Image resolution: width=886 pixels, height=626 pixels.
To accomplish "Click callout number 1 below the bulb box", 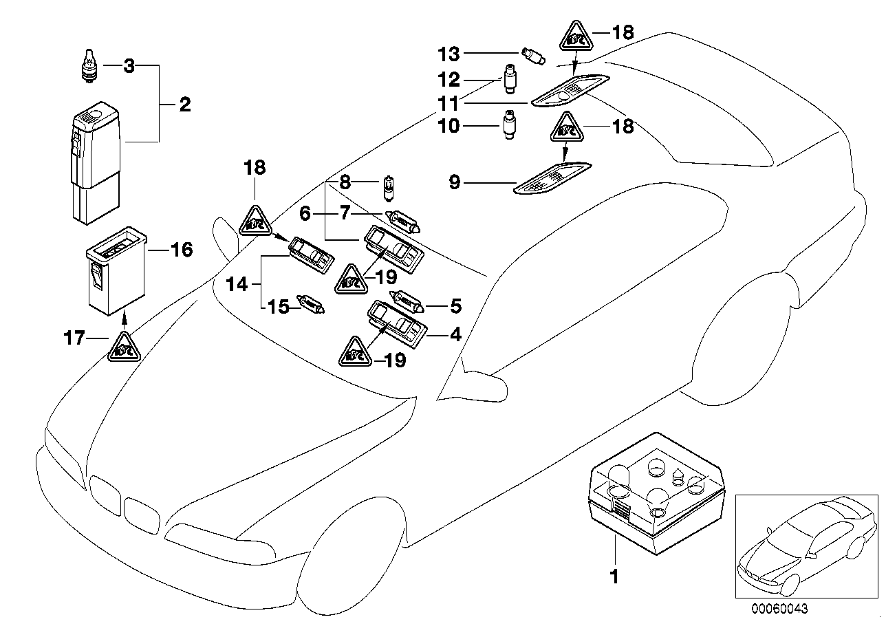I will click(x=614, y=576).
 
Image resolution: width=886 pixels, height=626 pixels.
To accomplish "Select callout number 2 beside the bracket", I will click(x=184, y=105).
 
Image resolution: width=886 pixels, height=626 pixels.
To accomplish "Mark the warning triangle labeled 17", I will click(x=124, y=348).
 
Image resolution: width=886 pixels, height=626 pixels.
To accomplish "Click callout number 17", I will click(x=75, y=338).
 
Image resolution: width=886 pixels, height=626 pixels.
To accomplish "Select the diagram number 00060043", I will click(x=779, y=608).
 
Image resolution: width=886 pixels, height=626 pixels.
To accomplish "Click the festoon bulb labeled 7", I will click(x=406, y=220).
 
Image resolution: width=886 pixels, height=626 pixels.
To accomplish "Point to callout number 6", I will click(x=304, y=215).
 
